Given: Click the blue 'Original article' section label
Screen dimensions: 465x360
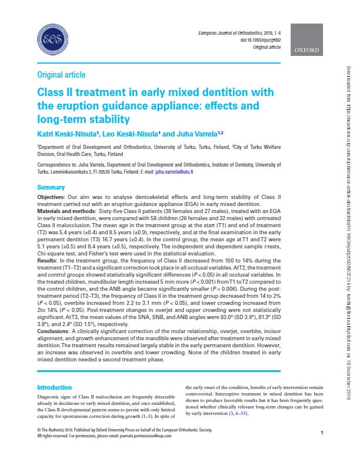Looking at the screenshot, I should [x=61, y=75].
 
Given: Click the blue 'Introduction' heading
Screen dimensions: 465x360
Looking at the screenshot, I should [x=55, y=388].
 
